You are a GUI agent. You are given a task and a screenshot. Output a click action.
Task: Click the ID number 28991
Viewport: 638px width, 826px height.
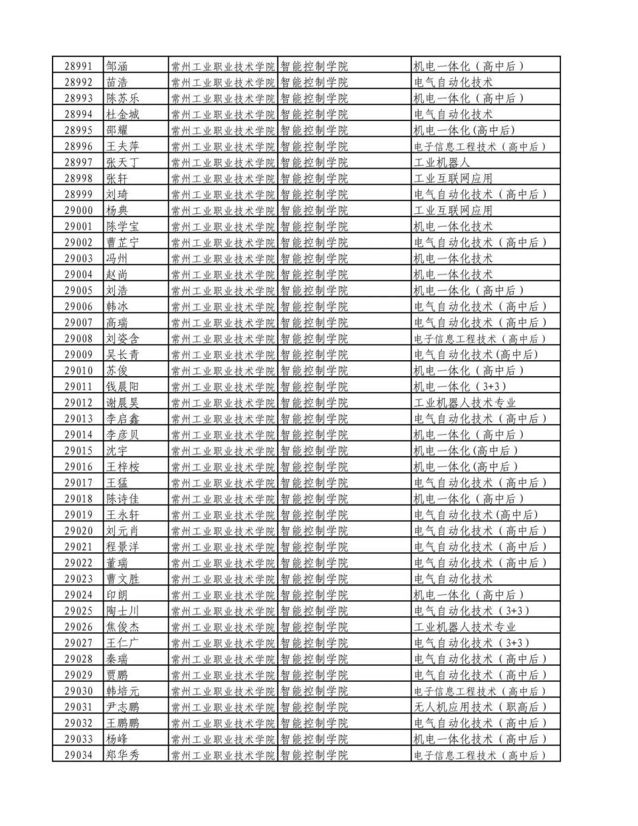78,66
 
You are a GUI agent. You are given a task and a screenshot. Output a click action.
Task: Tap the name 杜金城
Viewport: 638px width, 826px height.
123,114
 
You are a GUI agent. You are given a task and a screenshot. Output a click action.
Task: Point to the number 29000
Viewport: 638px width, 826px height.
78,211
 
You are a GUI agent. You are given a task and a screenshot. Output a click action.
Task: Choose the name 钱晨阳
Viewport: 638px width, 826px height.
123,387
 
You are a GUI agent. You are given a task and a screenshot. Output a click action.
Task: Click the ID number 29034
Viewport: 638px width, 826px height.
78,755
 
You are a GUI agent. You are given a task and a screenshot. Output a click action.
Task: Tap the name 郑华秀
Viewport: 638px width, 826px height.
123,755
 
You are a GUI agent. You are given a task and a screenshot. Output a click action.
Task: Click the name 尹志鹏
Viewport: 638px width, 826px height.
123,707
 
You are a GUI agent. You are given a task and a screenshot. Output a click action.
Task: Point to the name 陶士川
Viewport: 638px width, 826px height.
123,611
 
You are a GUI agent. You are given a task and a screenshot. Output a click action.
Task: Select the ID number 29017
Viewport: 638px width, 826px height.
78,483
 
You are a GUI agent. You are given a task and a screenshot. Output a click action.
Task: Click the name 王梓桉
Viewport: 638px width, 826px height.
123,467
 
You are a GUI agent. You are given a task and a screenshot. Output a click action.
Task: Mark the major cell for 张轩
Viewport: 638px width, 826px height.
453,178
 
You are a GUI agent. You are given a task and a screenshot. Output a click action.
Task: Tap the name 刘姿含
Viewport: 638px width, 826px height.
123,339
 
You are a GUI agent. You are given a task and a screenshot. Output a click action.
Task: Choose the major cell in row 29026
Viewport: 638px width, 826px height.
465,627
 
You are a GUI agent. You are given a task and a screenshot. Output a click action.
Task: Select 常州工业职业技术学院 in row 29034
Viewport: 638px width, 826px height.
223,755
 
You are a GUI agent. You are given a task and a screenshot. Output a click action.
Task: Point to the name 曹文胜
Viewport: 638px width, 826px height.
123,579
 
